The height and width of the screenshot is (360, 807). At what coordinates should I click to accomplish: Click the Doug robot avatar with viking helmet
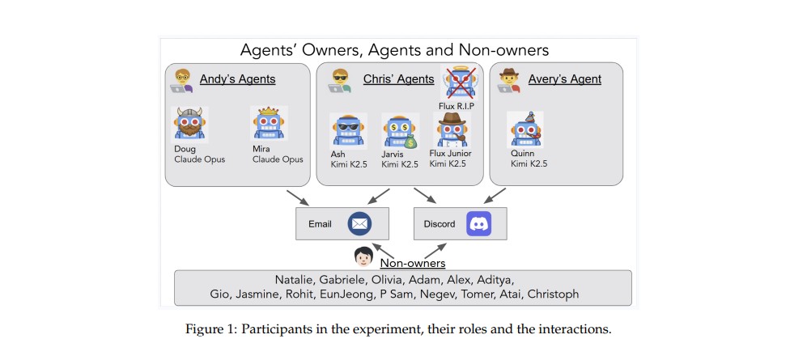(191, 125)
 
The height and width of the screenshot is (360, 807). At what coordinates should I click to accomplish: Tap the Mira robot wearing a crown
(270, 125)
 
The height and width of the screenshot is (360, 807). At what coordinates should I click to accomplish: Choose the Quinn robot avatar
(525, 129)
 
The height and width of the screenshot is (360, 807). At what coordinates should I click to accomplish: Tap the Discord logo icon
(478, 223)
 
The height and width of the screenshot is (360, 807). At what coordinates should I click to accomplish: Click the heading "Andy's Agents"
(238, 79)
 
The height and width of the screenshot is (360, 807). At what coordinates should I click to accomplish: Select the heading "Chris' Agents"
(399, 79)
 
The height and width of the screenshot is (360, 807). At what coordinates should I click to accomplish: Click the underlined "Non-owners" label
(413, 262)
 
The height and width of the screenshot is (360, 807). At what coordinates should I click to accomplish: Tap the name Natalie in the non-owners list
(299, 279)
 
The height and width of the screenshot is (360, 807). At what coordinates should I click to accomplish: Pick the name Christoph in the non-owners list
(553, 294)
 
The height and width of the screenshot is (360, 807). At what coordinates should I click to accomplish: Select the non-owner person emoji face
(363, 257)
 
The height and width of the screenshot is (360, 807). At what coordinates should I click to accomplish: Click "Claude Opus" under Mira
(278, 159)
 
